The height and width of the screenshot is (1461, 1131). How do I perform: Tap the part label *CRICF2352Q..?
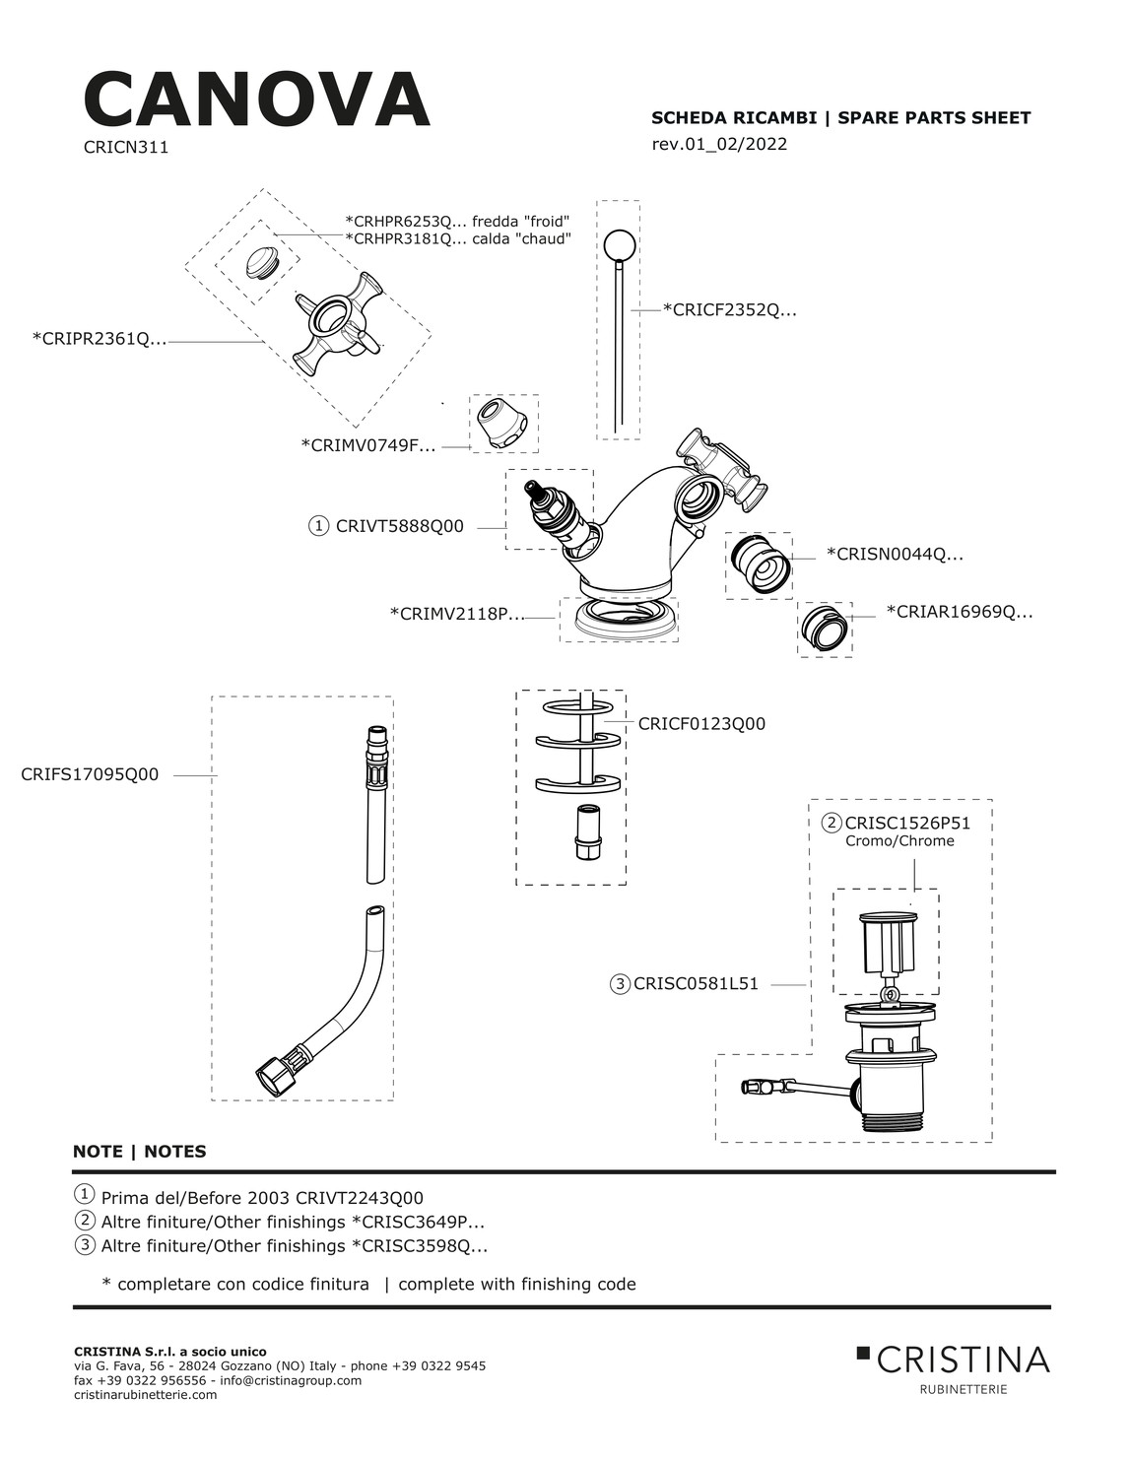730,310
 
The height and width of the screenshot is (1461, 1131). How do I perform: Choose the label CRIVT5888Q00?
399,526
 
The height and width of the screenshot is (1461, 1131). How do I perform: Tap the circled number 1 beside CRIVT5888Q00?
318,526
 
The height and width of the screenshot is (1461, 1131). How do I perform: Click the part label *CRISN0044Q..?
894,555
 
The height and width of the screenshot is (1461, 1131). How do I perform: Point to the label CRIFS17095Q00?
90,774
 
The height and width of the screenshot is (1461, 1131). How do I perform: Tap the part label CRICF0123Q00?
701,724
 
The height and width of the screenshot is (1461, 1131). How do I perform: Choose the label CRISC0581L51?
696,983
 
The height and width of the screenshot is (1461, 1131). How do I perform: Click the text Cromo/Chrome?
899,841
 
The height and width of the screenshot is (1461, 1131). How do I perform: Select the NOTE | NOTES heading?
140,1152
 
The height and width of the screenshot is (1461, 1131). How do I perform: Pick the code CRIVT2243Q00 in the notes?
360,1198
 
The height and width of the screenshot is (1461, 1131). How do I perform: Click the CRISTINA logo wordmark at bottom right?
963,1360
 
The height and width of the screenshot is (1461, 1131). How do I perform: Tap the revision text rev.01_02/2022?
719,145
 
